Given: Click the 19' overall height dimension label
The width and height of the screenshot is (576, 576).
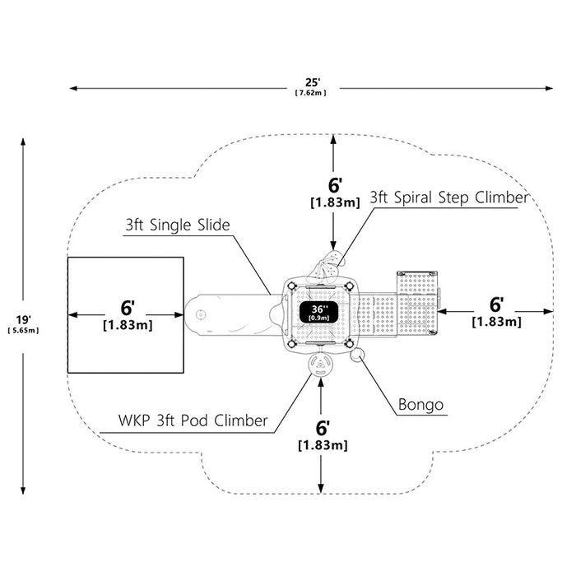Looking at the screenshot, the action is (x=23, y=319).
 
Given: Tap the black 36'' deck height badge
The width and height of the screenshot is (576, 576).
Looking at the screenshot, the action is (x=318, y=312).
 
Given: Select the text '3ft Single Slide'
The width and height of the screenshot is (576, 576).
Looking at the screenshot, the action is (x=178, y=225).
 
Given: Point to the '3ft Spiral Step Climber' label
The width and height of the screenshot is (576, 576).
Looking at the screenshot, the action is (x=448, y=197).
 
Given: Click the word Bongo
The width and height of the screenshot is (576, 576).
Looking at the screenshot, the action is (x=420, y=405).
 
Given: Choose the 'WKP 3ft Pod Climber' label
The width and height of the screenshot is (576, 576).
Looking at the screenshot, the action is (x=193, y=420).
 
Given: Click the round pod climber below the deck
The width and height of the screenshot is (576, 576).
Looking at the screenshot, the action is (x=321, y=364).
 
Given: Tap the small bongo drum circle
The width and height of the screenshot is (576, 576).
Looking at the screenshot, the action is (x=357, y=355).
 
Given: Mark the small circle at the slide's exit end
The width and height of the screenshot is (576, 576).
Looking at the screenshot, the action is (x=201, y=315).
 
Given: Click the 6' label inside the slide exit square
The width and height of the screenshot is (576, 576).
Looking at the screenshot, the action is (x=128, y=308).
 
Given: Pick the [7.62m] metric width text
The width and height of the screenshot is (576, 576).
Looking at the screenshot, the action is (x=311, y=92).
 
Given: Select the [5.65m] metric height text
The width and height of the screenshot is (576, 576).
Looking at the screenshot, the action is (x=23, y=330).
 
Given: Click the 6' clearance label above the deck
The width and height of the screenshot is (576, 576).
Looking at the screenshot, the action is (x=335, y=185).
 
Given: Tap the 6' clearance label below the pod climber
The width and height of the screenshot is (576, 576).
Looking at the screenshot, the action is (x=323, y=428).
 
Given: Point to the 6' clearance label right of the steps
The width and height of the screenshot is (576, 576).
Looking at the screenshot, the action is (x=496, y=304).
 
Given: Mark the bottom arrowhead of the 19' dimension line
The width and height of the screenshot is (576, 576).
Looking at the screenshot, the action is (x=23, y=490).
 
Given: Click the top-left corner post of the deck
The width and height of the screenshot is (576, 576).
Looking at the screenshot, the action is (x=291, y=286).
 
